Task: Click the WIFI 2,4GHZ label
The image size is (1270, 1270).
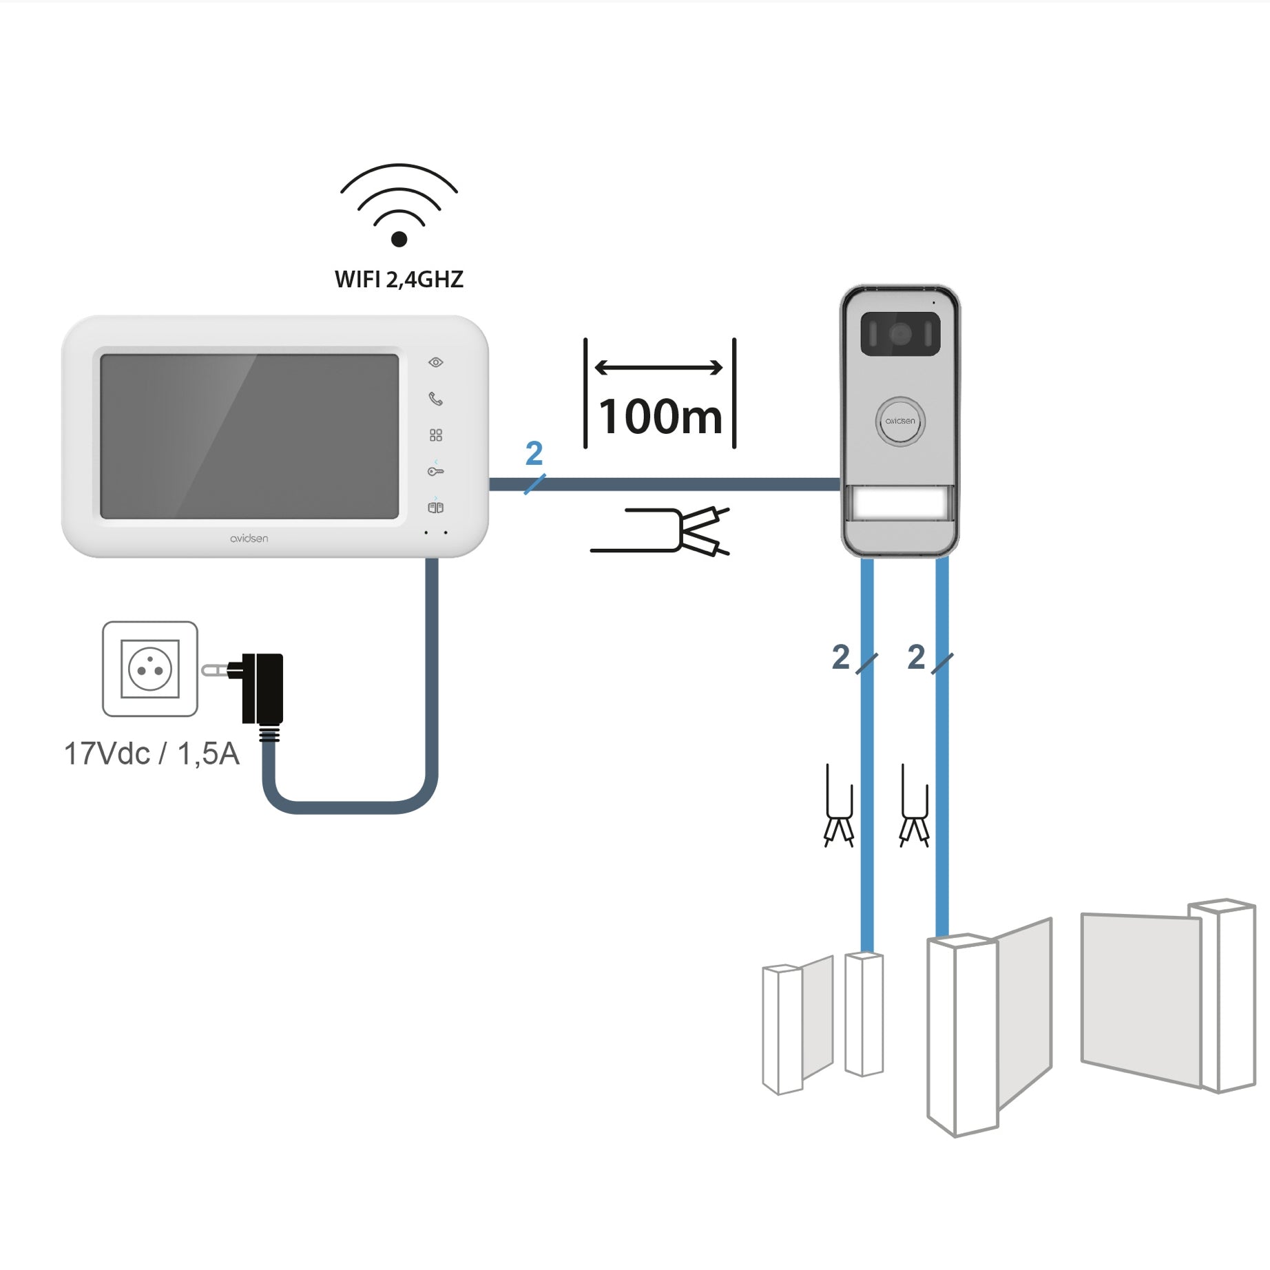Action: [399, 280]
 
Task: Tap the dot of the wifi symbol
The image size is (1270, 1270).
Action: [399, 239]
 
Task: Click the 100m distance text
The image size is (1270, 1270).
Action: [660, 417]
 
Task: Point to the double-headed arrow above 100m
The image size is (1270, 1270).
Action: [658, 368]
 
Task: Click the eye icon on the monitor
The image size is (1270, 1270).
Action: [435, 362]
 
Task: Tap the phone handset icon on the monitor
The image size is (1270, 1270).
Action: [435, 399]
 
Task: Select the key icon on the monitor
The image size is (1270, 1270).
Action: [435, 472]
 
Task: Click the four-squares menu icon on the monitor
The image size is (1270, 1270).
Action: [435, 435]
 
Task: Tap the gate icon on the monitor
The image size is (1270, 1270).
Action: [435, 508]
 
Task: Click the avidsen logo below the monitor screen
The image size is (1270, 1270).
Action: [249, 539]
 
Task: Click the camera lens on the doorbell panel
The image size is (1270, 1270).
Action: [899, 335]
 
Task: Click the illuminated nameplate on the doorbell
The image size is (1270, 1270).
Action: [900, 503]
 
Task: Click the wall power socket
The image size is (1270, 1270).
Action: [150, 669]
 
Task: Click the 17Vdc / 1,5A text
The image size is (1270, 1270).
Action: [152, 754]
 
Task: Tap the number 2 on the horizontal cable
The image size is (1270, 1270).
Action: [534, 454]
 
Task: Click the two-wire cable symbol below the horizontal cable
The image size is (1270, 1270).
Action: [661, 531]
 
